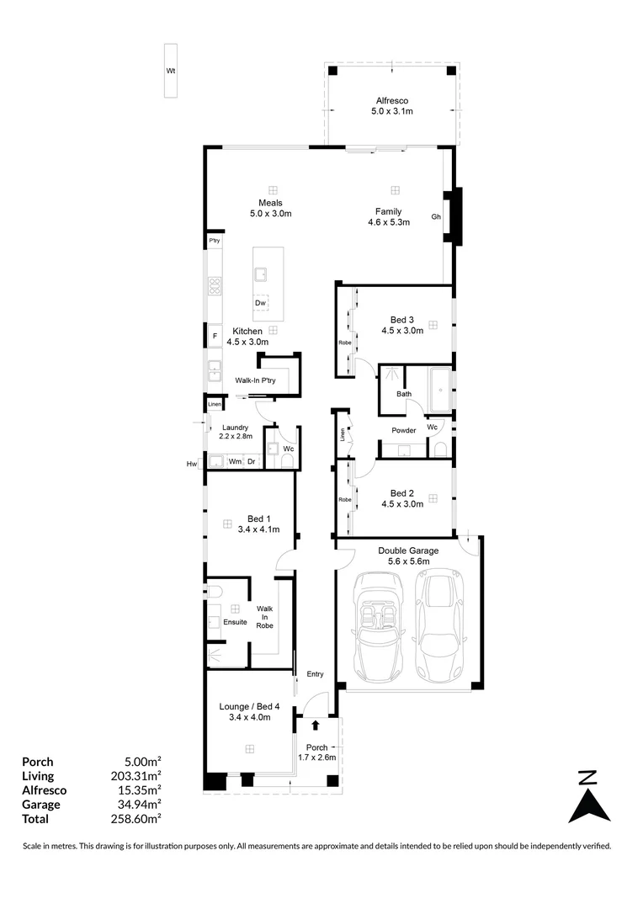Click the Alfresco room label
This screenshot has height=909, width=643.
tap(392, 100)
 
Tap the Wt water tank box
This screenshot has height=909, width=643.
tap(171, 71)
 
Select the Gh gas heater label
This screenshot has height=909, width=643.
tap(436, 217)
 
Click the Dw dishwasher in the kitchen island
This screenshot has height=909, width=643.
tap(261, 303)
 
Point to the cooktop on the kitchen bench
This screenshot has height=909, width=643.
tap(215, 285)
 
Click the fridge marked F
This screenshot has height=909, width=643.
tap(215, 336)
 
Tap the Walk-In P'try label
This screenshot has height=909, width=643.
tap(255, 381)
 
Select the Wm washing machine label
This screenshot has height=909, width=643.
tap(235, 461)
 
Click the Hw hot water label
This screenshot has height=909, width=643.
tap(192, 464)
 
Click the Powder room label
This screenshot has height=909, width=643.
tap(403, 430)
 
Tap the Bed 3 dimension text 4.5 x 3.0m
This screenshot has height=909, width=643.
tap(402, 331)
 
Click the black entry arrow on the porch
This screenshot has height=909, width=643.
tap(316, 725)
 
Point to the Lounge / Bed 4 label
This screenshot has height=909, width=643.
tap(249, 706)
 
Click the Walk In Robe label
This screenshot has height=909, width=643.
tap(265, 617)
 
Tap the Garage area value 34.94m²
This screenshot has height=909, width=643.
tap(136, 804)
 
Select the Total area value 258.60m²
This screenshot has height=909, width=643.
tap(136, 819)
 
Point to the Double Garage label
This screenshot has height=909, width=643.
tap(408, 550)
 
